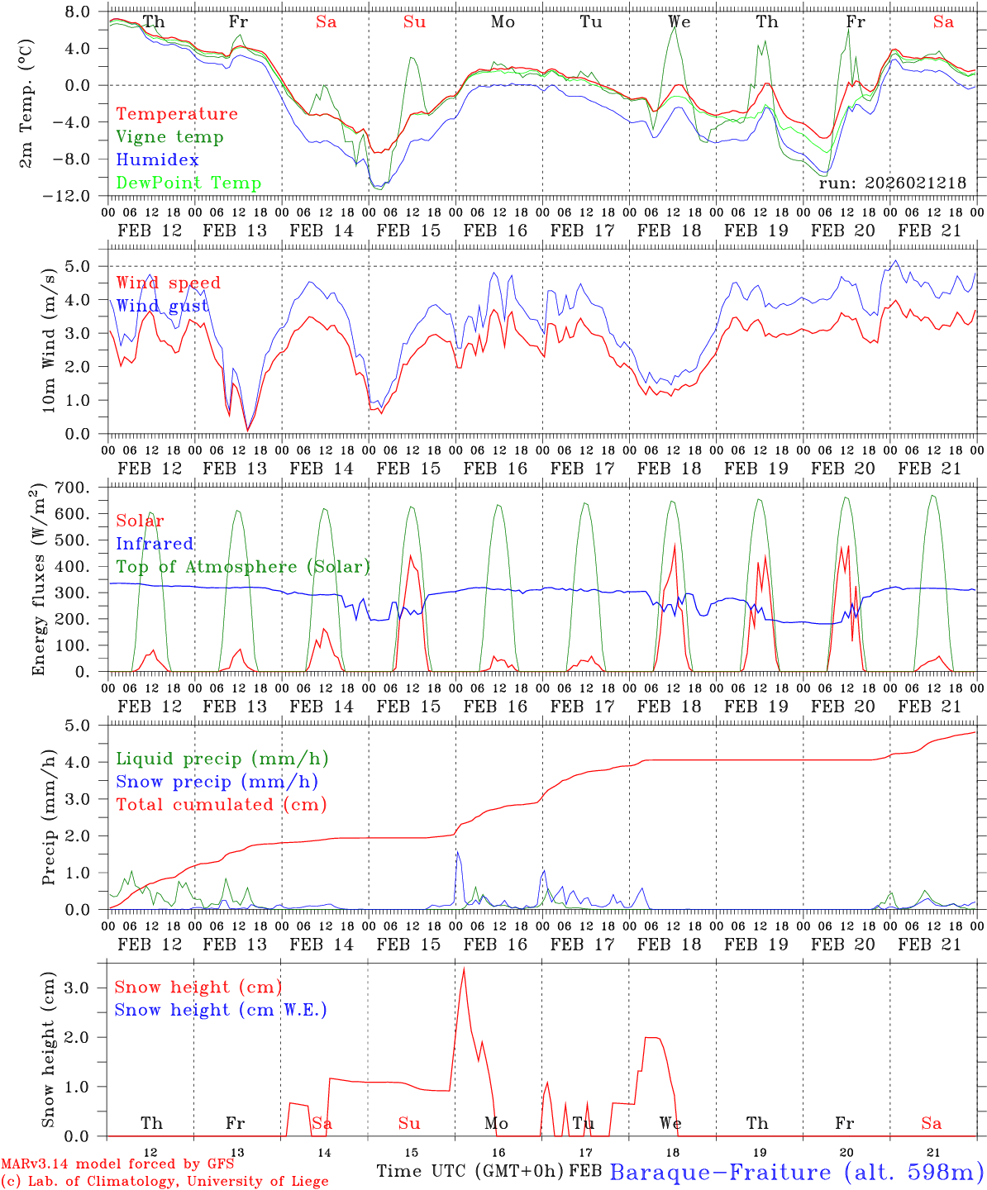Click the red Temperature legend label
click(x=176, y=114)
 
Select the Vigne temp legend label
click(x=169, y=137)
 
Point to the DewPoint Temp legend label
click(x=188, y=183)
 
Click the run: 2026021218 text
click(x=892, y=183)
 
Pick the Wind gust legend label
click(x=162, y=307)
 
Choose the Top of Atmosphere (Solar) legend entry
click(x=242, y=567)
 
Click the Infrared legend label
click(x=155, y=544)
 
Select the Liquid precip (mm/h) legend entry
click(x=222, y=759)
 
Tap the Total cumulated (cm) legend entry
click(x=221, y=805)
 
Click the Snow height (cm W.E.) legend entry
click(x=220, y=1010)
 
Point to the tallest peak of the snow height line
click(x=464, y=969)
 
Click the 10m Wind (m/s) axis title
click(x=49, y=340)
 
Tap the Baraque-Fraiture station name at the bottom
click(x=796, y=1172)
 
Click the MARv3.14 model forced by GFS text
click(x=117, y=1164)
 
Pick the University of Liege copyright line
click(x=164, y=1182)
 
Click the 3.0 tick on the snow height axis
click(x=80, y=988)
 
